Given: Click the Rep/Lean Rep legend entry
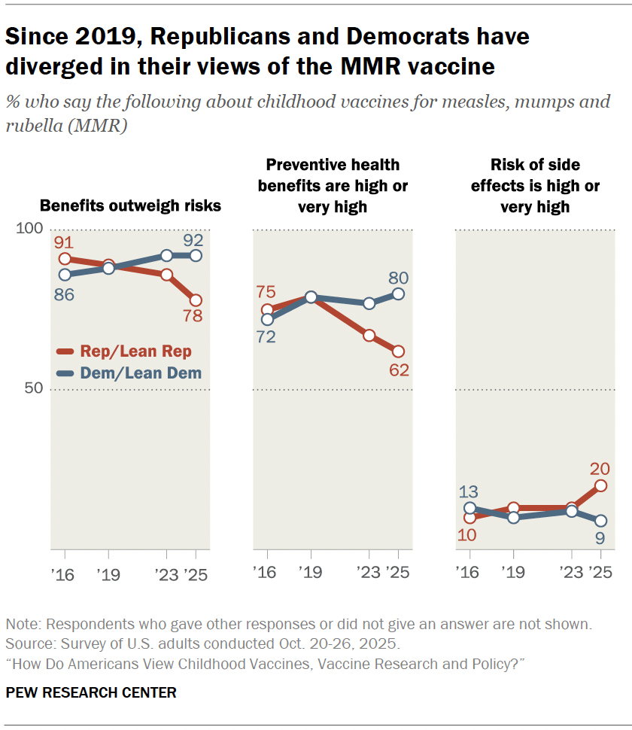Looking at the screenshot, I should pyautogui.click(x=124, y=351).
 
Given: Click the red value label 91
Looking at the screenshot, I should pyautogui.click(x=65, y=242).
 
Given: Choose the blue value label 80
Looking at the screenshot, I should pyautogui.click(x=399, y=277).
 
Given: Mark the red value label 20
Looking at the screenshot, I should pyautogui.click(x=600, y=468).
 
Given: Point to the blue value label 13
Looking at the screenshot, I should pyautogui.click(x=469, y=491).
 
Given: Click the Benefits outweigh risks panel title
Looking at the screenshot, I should pyautogui.click(x=130, y=205).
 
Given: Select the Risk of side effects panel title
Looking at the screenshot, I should pyautogui.click(x=535, y=185).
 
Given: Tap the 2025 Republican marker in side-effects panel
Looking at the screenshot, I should pyautogui.click(x=600, y=486).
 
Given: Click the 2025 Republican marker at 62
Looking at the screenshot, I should pyautogui.click(x=398, y=351).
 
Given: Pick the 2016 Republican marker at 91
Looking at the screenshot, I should pyautogui.click(x=65, y=259).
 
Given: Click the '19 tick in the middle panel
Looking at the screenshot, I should pyautogui.click(x=309, y=572).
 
